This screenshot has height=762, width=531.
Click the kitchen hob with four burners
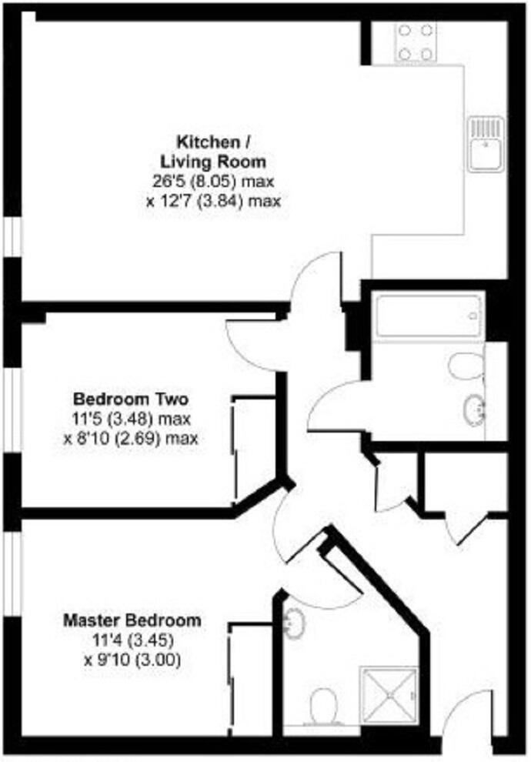(416, 42)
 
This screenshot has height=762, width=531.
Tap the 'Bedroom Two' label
(130, 399)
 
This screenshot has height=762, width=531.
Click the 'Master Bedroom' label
(132, 620)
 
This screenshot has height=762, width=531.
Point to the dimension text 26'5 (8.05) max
(214, 182)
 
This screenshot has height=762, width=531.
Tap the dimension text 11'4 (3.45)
(132, 640)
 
